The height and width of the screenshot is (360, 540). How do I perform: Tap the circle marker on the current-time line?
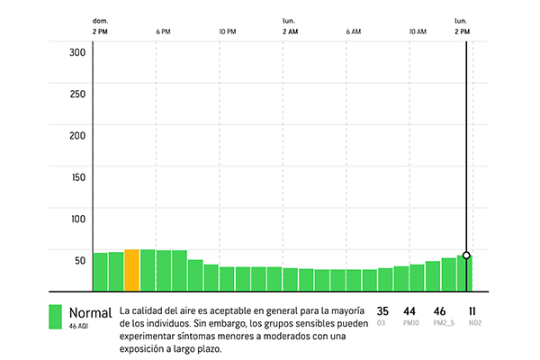[466, 256]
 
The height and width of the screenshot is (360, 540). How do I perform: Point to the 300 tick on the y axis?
[77, 52]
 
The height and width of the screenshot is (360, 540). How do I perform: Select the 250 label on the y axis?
[77, 94]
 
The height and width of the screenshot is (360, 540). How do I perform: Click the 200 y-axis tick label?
[77, 135]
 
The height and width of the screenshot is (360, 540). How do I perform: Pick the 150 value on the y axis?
[77, 177]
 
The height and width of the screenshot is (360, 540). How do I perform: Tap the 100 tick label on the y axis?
[77, 219]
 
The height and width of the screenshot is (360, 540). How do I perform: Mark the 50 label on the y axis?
[79, 260]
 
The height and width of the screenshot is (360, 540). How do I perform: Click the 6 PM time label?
[163, 31]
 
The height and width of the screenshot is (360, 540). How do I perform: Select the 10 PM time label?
[227, 31]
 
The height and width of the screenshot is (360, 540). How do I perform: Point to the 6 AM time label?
[353, 31]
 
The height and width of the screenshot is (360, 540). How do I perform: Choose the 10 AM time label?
[417, 31]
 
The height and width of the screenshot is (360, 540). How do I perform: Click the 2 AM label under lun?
[290, 31]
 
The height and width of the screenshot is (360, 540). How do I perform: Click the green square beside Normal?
[55, 318]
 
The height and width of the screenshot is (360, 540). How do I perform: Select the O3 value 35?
[382, 310]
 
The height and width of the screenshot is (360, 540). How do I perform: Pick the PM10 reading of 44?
[410, 310]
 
